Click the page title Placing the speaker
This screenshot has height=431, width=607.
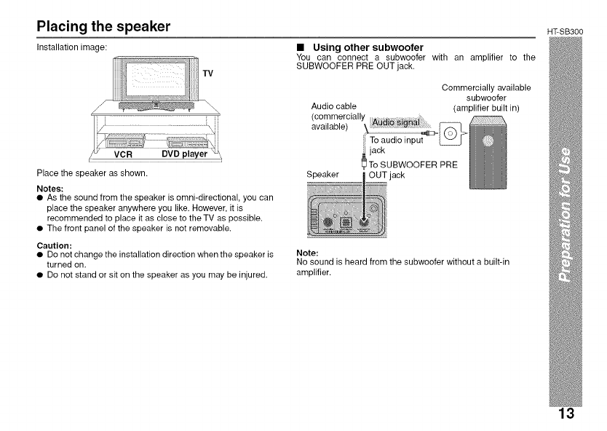pos(104,27)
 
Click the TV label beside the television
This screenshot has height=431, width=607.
pos(208,74)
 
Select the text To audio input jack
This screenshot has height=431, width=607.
pos(397,145)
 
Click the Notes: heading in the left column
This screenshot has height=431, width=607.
pos(51,187)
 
